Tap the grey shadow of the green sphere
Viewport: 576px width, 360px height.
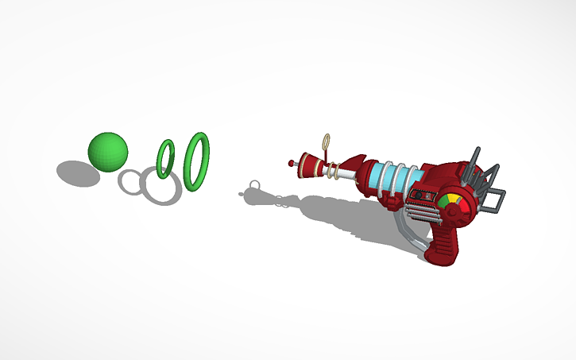coord(77,172)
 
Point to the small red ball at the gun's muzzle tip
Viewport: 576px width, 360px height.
coord(292,163)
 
